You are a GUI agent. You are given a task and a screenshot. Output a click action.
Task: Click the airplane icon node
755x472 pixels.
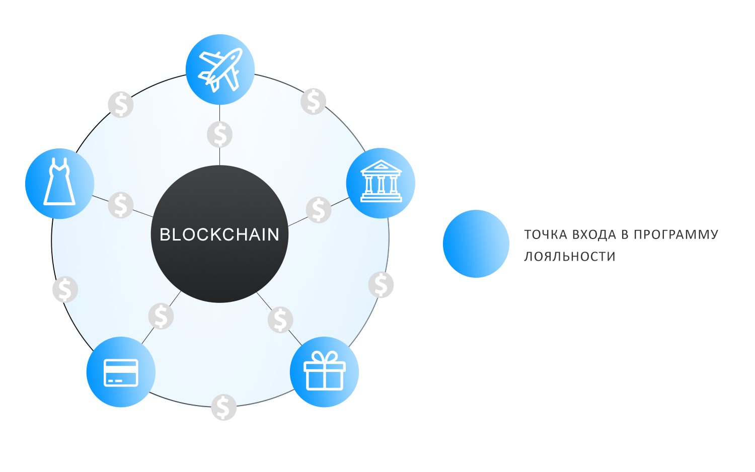tap(220, 69)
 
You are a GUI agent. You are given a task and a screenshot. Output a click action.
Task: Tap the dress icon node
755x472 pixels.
tap(60, 184)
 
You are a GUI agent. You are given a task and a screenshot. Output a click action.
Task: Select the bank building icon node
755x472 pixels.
tap(381, 183)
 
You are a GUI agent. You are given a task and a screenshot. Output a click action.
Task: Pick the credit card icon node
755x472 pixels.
tap(121, 372)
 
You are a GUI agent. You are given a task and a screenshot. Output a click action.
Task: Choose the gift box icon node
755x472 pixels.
tap(324, 372)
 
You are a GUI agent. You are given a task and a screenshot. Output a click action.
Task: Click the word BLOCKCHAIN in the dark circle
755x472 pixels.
tap(219, 234)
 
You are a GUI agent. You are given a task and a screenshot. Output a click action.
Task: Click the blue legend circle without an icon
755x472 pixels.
tap(476, 244)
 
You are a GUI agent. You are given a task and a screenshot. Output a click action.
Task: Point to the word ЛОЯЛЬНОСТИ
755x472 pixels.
tap(570, 257)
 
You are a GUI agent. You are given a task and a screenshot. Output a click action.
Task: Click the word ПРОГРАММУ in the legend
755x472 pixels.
tap(676, 234)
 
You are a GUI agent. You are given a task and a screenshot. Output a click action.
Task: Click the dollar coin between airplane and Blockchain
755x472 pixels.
tap(220, 135)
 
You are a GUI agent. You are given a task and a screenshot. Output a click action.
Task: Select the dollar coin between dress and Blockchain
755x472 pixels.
tap(121, 205)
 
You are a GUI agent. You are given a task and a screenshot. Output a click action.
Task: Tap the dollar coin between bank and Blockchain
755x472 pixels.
tap(319, 210)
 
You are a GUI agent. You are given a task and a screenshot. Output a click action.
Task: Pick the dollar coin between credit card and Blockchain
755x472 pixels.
tap(161, 316)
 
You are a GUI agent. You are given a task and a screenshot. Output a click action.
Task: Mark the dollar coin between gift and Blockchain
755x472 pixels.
tap(280, 320)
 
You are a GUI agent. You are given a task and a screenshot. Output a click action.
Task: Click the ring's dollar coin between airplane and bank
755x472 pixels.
tap(314, 102)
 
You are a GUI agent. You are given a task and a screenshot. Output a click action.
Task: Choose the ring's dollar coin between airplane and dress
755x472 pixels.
tap(121, 105)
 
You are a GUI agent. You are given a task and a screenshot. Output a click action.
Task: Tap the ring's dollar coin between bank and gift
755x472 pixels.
tap(381, 285)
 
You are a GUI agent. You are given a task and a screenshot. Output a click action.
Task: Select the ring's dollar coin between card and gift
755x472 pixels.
tap(224, 407)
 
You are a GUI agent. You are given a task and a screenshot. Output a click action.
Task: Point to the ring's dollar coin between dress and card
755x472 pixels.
tap(65, 289)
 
